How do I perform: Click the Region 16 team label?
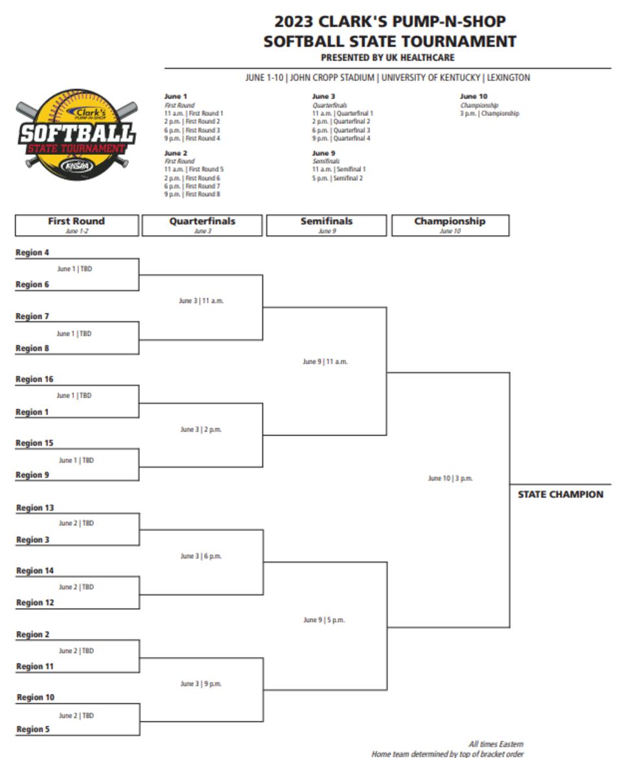(34, 380)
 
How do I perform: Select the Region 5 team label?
(33, 729)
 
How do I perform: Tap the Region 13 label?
(35, 509)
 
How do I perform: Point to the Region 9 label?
(32, 476)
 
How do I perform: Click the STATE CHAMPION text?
(560, 494)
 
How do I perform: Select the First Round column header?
(76, 225)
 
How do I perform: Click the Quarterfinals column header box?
(202, 225)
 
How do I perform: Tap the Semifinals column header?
(327, 225)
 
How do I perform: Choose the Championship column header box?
(450, 225)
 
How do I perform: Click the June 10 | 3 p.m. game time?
(450, 479)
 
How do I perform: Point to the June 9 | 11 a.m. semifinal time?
(325, 362)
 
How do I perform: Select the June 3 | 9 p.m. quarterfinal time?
(202, 684)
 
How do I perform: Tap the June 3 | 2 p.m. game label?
(201, 430)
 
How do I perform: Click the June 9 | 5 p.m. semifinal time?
(324, 620)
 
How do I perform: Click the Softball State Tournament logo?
(77, 135)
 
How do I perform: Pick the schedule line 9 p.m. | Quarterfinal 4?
(341, 138)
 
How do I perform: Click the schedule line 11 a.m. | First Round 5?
(194, 169)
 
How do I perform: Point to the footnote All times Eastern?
(496, 744)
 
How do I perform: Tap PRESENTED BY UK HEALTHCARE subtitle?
(387, 58)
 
